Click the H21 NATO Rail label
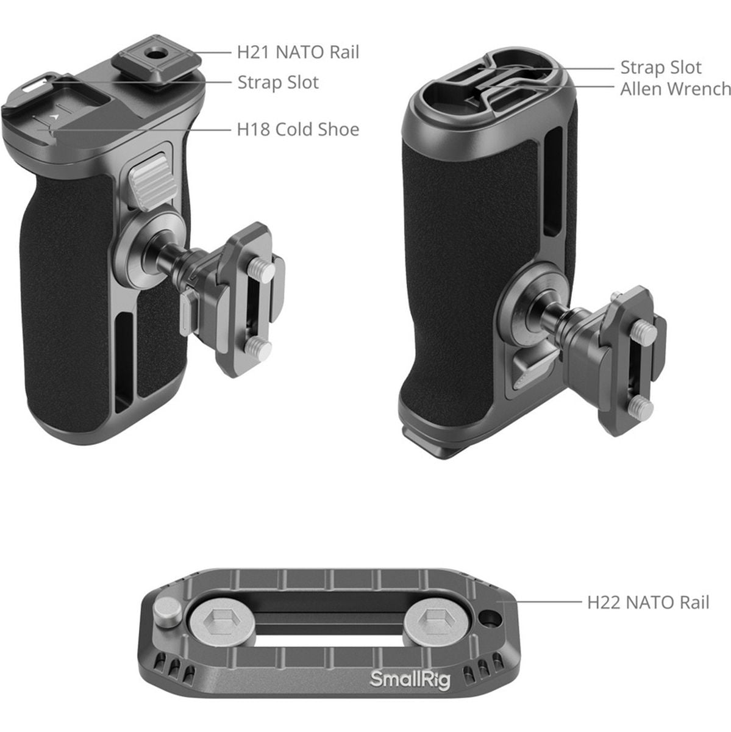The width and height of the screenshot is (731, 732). pos(298,52)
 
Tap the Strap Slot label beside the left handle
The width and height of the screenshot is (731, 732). pos(278,82)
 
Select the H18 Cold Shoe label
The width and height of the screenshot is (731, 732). pos(298,129)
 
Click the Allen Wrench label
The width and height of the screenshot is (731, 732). pos(675,89)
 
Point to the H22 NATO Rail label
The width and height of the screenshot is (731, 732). pos(648,603)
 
